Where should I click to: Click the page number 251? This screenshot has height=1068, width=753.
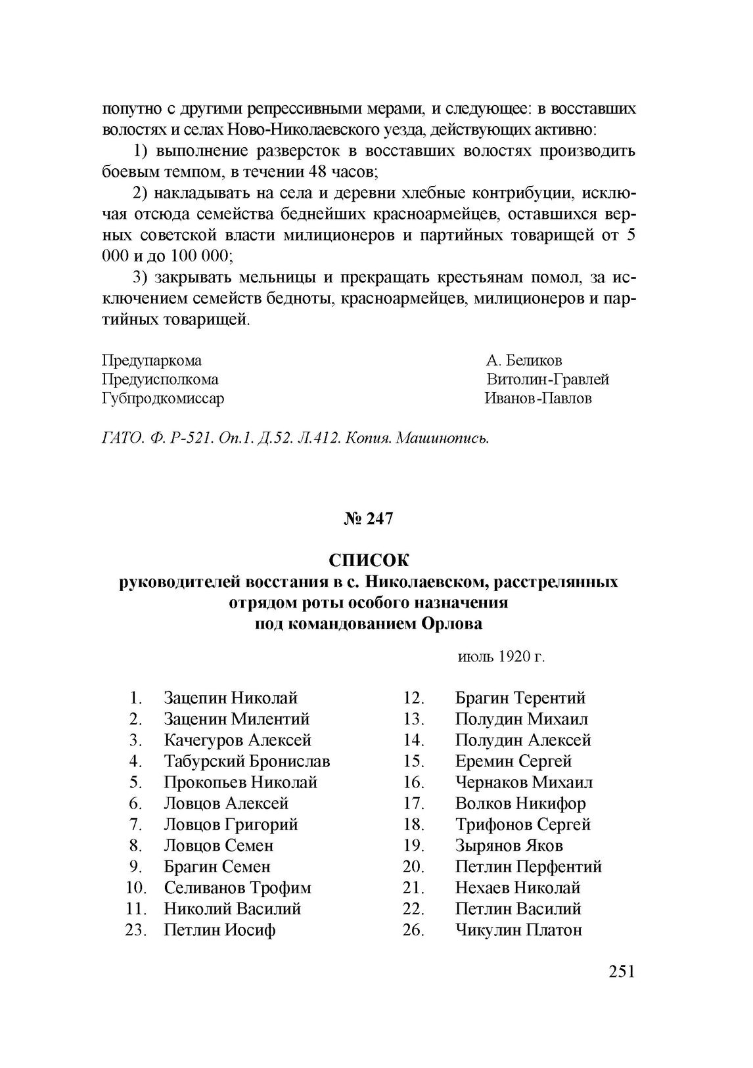pos(622,971)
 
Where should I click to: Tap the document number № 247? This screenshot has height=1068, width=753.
pos(369,519)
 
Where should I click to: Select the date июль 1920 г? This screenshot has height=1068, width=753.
pos(501,657)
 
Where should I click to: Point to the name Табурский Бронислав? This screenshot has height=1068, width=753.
pos(247,761)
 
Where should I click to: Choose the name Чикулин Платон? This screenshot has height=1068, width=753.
pos(518,930)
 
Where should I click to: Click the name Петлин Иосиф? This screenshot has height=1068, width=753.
pos(219,930)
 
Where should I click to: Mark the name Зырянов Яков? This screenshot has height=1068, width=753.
pos(509,845)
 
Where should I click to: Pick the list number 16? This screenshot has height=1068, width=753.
pos(414,782)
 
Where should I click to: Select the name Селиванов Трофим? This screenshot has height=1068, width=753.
pos(237,888)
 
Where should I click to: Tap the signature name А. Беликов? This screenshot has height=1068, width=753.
pos(524,361)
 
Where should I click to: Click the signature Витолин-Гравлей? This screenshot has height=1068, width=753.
pos(548,380)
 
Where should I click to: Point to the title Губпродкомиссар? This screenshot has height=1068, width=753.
pos(163,399)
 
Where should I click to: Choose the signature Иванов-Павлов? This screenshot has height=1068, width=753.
pos(538,399)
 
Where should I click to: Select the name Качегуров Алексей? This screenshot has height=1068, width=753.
pos(237,740)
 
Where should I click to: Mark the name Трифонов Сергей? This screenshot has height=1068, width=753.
pos(522,824)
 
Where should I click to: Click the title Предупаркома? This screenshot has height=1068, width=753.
pos(152,361)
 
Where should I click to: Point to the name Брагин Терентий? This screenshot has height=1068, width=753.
pos(520,698)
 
